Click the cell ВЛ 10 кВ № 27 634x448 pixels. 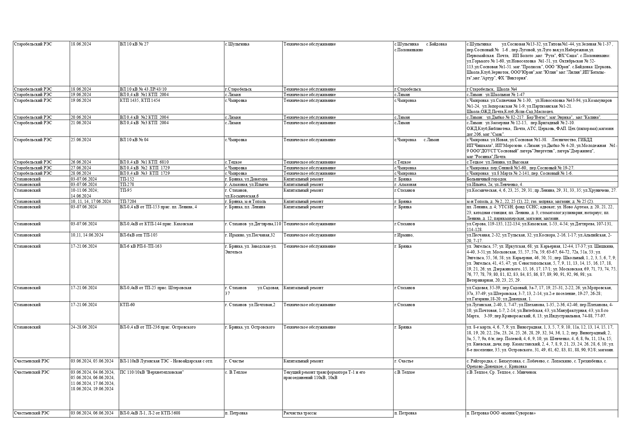pyautogui.click(x=134, y=44)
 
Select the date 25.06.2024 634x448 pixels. pyautogui.click(x=81, y=140)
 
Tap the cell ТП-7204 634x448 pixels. pyautogui.click(x=128, y=201)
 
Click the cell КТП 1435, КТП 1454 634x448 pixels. pyautogui.click(x=140, y=100)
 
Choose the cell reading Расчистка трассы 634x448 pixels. pyautogui.click(x=300, y=413)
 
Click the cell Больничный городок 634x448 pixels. pyautogui.click(x=486, y=179)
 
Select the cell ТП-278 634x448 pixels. pyautogui.click(x=127, y=184)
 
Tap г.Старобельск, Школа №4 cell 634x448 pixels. pyautogui.click(x=492, y=89)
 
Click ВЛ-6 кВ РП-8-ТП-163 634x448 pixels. pyautogui.click(x=141, y=246)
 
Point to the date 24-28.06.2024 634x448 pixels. pyautogui.click(x=83, y=327)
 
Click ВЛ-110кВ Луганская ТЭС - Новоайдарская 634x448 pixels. pyautogui.click(x=166, y=361)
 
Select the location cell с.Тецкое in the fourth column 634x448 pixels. pyautogui.click(x=233, y=162)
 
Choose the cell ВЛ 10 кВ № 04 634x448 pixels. pyautogui.click(x=134, y=140)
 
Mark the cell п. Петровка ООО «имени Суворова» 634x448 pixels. pyautogui.click(x=501, y=413)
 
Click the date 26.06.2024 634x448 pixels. pyautogui.click(x=81, y=162)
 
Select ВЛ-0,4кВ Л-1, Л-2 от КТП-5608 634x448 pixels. pyautogui.click(x=150, y=413)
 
